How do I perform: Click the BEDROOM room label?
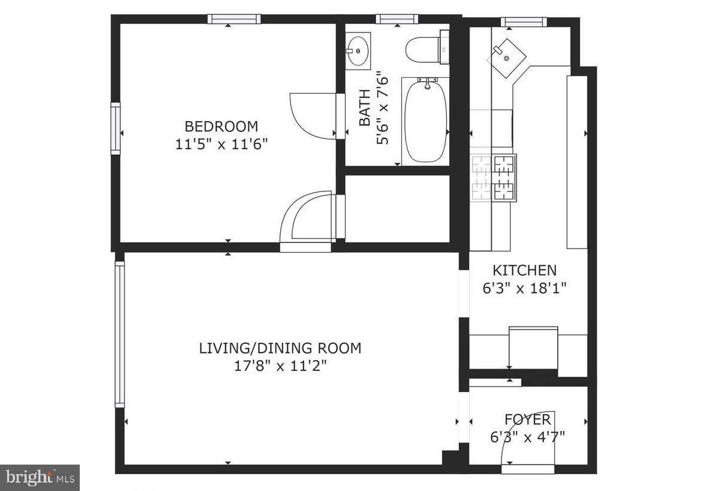pos(221,127)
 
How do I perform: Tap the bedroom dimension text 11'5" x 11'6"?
pos(221,144)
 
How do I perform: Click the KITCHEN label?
pos(524,270)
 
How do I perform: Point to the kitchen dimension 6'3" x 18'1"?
pos(524,288)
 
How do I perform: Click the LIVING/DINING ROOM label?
pos(280,348)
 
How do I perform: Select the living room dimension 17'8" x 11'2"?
pos(280,366)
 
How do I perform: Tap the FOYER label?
pos(528,419)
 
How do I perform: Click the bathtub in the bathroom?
pos(425,122)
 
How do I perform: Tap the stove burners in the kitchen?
pos(494,178)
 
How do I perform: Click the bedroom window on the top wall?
pos(234,19)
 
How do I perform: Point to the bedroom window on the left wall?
pos(115,128)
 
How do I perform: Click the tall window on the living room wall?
pos(119,334)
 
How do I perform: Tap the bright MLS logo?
pos(40,477)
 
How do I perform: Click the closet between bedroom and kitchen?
pos(398,208)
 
